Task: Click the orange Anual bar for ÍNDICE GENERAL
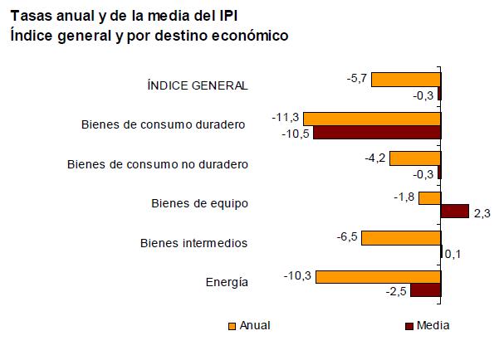405,80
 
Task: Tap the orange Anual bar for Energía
378,277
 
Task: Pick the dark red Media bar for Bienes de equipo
454,212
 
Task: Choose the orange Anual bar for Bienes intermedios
400,238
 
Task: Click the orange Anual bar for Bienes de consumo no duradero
414,158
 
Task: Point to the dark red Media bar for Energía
425,290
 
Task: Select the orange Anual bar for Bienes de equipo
429,198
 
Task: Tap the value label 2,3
482,213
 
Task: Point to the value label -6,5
347,237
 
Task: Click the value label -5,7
357,79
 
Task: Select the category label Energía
227,282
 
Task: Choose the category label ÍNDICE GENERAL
197,85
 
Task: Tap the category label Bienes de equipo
199,203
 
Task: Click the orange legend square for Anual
232,326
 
